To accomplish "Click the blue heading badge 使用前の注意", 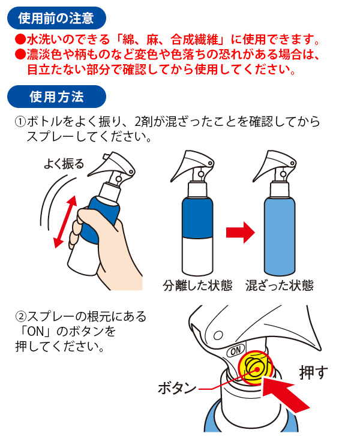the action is coord(56,18).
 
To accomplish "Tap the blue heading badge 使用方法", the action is coord(56,97).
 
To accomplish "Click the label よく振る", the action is coord(64,164).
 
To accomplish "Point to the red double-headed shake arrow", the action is coord(65,222).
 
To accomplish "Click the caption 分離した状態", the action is coord(197,285).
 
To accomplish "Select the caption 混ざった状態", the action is coord(280,285).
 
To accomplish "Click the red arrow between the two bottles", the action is coord(241,233).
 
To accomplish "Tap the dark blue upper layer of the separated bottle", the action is coord(197,218).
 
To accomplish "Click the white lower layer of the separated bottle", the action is coord(197,256).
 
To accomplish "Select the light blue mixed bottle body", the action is coord(280,236).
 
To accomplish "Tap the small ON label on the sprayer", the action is coord(236,351).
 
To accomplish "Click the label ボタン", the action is coord(177,387).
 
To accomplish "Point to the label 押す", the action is coord(313,372).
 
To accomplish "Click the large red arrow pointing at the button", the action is coord(285,396).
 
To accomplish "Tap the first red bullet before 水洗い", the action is coord(20,40).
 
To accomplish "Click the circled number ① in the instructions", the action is coord(20,122).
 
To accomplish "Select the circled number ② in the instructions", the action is coord(20,316).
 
